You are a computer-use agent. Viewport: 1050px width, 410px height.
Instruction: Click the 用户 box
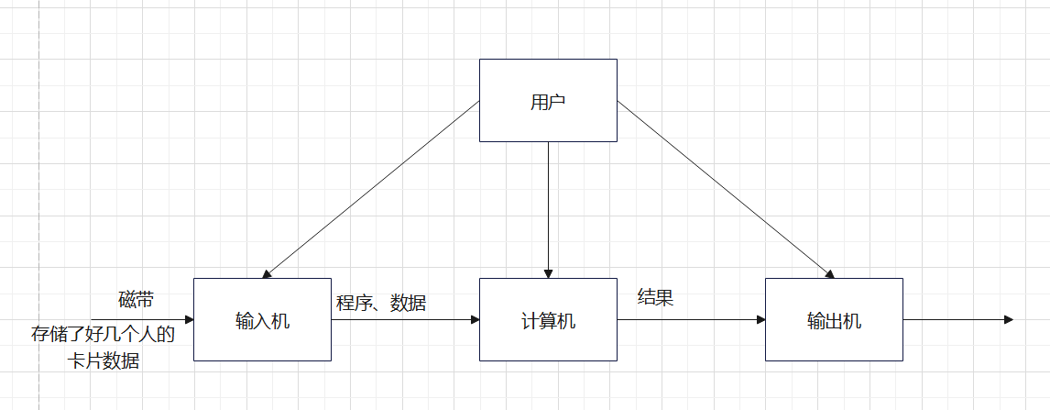[548, 101]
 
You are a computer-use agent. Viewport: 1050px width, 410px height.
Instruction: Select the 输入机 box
[262, 320]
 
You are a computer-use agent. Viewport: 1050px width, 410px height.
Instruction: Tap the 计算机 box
[548, 320]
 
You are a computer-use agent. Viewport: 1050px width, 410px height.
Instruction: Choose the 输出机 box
[834, 320]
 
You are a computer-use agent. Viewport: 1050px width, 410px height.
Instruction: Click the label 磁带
[137, 300]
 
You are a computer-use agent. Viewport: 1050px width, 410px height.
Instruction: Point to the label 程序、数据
[381, 302]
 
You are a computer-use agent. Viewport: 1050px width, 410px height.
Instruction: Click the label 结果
[656, 297]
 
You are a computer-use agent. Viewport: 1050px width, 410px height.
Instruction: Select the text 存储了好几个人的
[103, 334]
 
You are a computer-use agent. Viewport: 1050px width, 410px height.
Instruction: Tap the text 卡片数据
[103, 360]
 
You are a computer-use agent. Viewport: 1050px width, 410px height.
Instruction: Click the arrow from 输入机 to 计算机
[405, 320]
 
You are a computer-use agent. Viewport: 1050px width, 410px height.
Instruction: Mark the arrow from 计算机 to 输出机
[691, 320]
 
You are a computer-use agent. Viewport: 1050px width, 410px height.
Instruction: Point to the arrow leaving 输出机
[957, 320]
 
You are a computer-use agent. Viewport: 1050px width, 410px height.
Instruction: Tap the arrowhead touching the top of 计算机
[548, 272]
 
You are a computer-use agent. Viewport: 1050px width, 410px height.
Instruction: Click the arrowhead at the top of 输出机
[829, 273]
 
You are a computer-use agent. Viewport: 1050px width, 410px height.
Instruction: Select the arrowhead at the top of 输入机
[267, 273]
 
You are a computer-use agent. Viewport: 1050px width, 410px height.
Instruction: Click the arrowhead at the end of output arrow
[1008, 320]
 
